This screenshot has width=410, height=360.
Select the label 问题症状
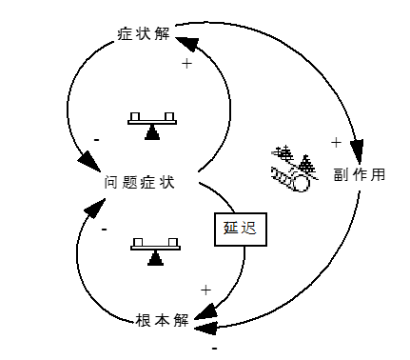click(139, 181)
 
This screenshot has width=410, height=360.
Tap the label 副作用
click(360, 175)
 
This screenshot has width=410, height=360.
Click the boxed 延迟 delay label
click(239, 229)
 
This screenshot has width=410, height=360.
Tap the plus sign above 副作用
click(336, 142)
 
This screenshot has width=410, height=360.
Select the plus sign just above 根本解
click(205, 290)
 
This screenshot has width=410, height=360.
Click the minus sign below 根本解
click(214, 349)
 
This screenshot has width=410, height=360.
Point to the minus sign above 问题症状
click(97, 140)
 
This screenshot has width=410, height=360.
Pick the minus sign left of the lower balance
click(103, 230)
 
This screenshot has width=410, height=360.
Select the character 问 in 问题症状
click(111, 181)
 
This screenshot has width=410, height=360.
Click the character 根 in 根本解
click(142, 319)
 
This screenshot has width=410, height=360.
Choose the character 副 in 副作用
click(341, 175)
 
